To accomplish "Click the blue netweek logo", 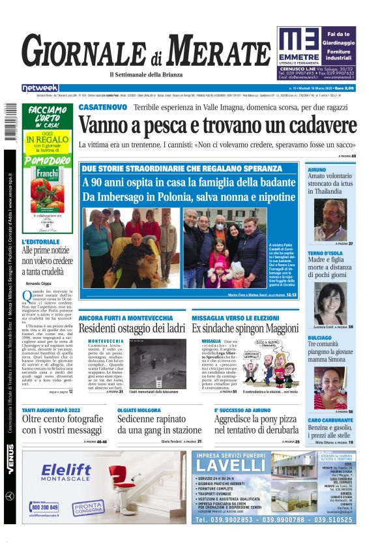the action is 40,87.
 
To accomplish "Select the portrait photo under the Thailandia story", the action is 331,218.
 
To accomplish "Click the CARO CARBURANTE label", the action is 332,420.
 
